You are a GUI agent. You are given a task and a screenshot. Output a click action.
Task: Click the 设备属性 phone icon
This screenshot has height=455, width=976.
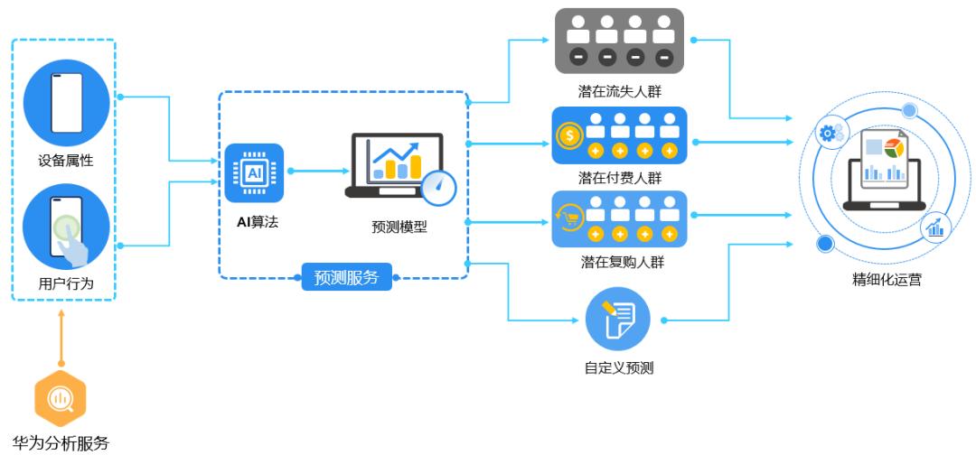tap(66, 102)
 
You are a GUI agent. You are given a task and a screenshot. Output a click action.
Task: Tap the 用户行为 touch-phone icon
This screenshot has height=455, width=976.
tap(66, 227)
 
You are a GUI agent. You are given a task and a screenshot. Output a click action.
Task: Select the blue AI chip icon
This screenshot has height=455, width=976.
tap(254, 172)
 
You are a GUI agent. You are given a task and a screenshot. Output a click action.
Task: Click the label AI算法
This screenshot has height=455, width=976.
tap(252, 221)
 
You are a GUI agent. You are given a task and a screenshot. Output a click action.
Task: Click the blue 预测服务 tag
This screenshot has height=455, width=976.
tap(346, 277)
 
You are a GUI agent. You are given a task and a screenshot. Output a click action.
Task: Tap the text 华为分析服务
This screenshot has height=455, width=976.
tap(61, 443)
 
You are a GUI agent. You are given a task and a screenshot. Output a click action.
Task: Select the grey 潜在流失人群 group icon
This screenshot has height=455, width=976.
tap(619, 42)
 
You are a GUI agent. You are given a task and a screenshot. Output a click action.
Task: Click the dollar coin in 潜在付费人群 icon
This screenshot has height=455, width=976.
tap(569, 136)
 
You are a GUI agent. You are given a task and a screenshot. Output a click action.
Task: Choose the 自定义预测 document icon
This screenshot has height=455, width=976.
tap(618, 319)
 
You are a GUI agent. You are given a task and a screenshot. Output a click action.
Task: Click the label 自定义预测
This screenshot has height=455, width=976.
tap(619, 367)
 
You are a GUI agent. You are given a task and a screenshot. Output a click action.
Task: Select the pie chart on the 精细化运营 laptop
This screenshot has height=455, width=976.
tap(893, 147)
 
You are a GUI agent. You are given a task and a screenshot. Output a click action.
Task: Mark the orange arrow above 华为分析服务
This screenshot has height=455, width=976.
tap(61, 339)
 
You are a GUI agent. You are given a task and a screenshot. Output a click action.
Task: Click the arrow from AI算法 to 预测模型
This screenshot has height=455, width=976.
tap(316, 170)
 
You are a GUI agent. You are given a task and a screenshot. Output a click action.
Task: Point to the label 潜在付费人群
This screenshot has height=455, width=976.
tap(619, 178)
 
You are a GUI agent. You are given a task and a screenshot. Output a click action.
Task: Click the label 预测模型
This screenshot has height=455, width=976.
tap(399, 227)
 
